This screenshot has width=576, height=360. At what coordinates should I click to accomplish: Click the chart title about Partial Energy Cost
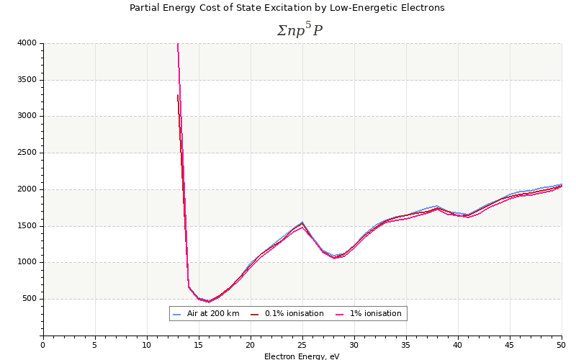coord(287,8)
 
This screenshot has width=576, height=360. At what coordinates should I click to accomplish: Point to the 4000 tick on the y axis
coord(26,43)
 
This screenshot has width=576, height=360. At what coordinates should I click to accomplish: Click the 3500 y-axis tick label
coord(26,80)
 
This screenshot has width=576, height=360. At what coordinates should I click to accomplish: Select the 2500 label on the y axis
coord(26,153)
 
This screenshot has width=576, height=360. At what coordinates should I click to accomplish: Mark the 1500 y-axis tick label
coord(26,226)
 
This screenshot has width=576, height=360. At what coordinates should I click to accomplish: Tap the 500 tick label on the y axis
coord(28,299)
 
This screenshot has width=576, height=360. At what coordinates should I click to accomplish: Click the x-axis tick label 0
coord(43,345)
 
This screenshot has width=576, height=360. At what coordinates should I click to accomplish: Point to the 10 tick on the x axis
coord(147,345)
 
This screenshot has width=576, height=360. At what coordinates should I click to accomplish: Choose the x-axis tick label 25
coord(302,345)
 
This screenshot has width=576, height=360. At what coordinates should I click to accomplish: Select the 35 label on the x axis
coord(406,345)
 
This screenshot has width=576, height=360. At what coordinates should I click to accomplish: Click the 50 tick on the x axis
coord(562,345)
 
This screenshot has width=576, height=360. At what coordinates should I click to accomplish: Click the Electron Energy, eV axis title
coord(302,356)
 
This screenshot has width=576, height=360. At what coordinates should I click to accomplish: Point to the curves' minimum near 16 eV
coord(209,301)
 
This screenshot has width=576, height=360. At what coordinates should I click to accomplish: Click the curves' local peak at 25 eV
coord(302,224)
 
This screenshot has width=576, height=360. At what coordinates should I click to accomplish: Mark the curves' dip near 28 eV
coord(333,256)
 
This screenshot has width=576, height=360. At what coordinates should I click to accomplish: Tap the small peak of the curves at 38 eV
coord(437,207)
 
